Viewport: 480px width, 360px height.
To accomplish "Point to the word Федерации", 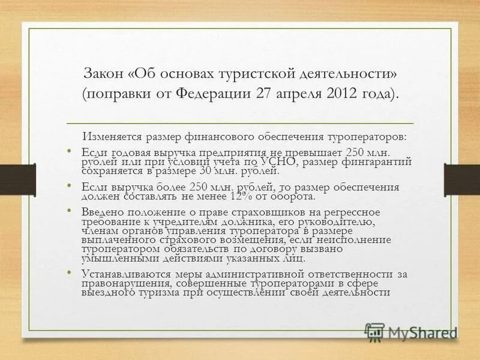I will click(214, 94).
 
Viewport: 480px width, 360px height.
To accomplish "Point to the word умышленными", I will click(113, 258).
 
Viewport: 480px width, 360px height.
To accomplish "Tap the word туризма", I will click(152, 292).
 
